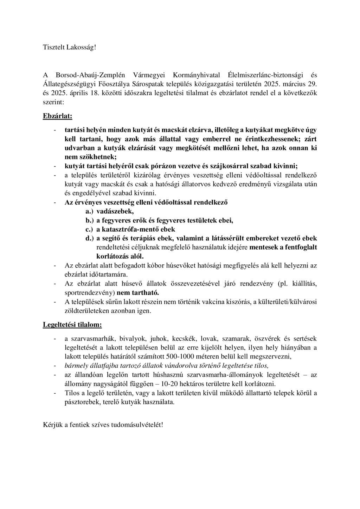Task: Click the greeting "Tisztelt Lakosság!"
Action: [69, 47]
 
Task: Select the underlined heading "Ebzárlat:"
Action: [58, 116]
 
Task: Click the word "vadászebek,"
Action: [115, 211]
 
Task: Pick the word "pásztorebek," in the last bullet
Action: [82, 402]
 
